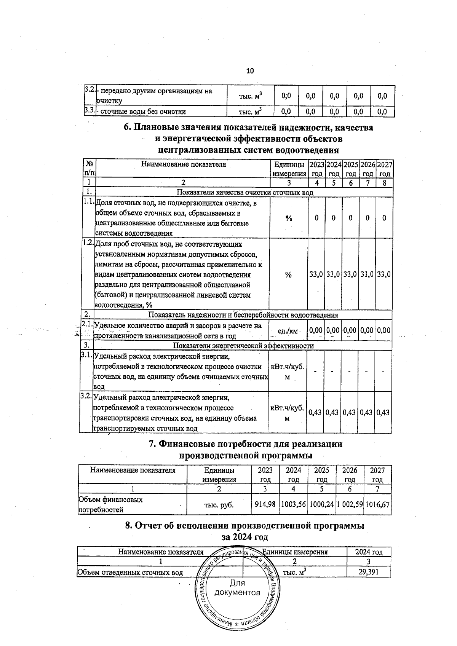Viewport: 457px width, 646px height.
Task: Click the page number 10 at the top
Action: point(250,71)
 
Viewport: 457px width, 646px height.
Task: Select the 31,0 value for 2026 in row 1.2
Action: point(367,274)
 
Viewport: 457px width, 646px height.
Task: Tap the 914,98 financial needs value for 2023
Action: point(265,504)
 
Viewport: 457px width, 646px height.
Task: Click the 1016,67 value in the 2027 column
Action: point(377,504)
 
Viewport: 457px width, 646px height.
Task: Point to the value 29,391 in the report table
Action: point(368,572)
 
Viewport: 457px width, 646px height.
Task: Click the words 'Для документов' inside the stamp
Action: point(238,588)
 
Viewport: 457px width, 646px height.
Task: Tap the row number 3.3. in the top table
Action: point(89,111)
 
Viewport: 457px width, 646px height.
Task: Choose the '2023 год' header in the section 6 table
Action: point(316,169)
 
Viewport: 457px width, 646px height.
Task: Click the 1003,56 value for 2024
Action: point(293,504)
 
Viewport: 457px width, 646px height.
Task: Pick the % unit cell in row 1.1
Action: point(289,218)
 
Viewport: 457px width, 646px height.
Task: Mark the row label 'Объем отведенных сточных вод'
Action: point(130,573)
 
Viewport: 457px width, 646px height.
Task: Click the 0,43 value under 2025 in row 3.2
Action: point(350,412)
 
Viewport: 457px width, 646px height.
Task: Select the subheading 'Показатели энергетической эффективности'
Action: point(243,346)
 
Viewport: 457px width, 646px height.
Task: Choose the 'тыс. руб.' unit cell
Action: point(219,505)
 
